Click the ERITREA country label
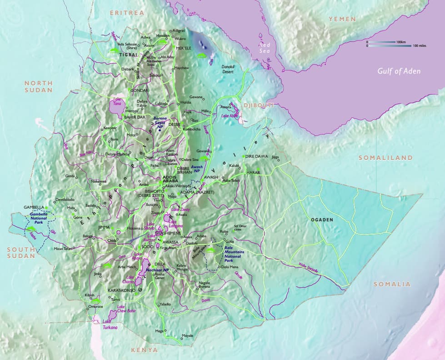click(127, 13)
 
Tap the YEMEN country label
click(342, 19)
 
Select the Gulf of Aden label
click(399, 71)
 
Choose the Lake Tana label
click(118, 101)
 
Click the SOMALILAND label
click(385, 158)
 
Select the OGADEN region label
click(322, 220)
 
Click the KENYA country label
click(144, 350)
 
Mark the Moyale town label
click(187, 336)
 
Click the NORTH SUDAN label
click(39, 86)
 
